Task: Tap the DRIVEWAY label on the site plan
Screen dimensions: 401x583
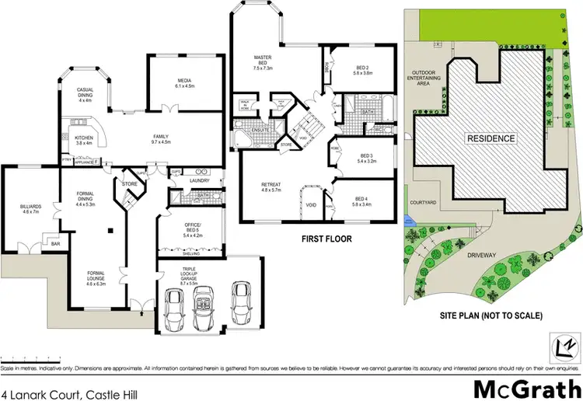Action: tap(480, 253)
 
